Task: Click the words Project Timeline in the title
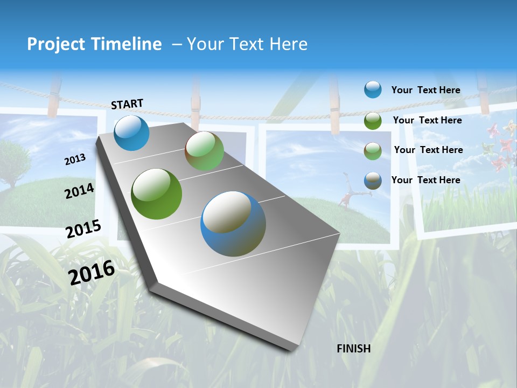click(x=94, y=44)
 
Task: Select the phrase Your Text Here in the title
click(x=247, y=44)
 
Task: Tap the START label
click(x=127, y=104)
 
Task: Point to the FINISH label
click(x=353, y=349)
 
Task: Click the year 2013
click(x=75, y=160)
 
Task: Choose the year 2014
click(x=80, y=191)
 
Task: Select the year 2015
click(x=83, y=228)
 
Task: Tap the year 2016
click(x=92, y=272)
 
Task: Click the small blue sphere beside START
click(x=131, y=133)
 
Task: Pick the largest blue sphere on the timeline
click(x=233, y=224)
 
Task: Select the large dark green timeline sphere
click(x=156, y=194)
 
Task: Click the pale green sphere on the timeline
click(x=204, y=151)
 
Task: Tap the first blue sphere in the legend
click(x=373, y=90)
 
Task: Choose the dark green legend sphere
click(x=373, y=121)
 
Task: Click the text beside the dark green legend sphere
click(x=427, y=120)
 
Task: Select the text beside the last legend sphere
click(x=425, y=180)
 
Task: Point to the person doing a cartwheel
click(x=346, y=197)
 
